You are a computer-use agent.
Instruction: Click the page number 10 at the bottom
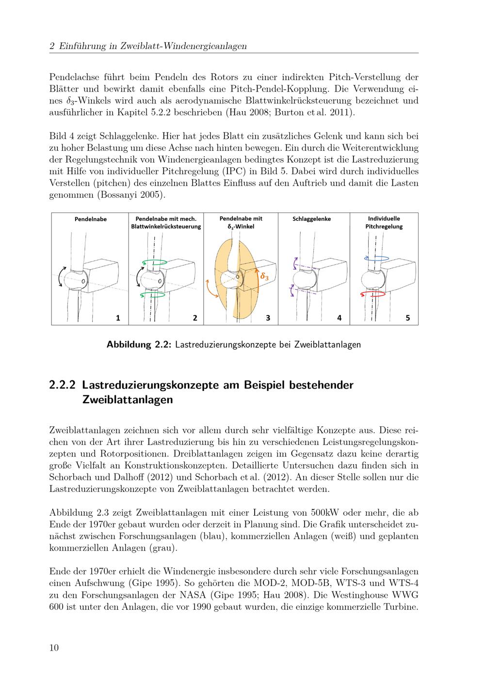pos(54,647)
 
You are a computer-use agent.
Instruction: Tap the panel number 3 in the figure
pos(268,318)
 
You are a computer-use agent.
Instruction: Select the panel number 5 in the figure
pos(407,318)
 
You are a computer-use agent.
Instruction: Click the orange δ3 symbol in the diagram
pos(264,277)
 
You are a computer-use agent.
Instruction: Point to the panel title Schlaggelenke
pos(311,219)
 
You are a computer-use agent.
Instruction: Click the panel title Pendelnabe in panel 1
pos(91,219)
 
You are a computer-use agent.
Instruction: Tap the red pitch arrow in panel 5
pos(372,294)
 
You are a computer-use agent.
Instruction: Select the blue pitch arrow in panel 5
pos(376,259)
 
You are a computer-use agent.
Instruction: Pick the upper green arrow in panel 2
pos(155,262)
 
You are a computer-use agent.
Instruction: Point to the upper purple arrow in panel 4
pos(295,263)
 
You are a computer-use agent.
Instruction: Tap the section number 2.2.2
pos(62,385)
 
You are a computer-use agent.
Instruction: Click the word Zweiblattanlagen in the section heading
pos(128,400)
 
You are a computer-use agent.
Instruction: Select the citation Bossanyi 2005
pos(130,195)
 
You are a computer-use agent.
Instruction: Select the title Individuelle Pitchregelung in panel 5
pos(384,223)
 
